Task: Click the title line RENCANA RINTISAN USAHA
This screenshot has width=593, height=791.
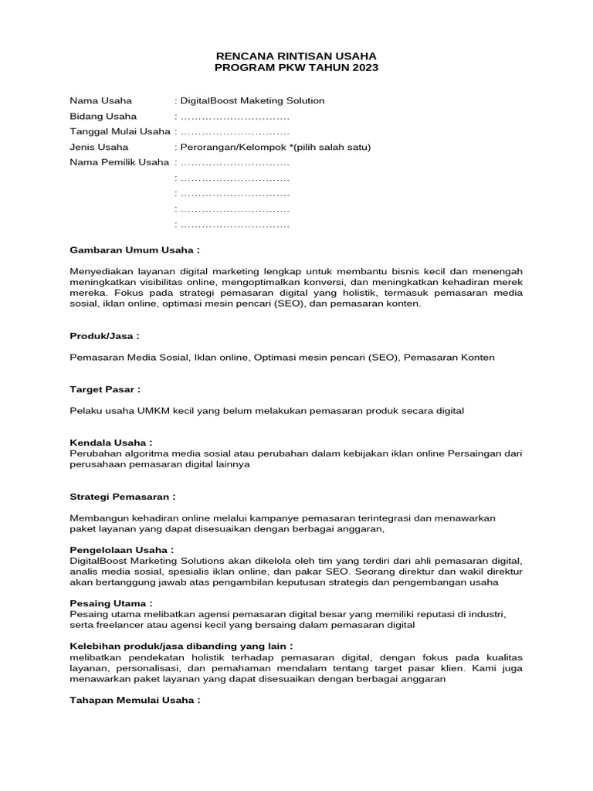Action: [x=296, y=56]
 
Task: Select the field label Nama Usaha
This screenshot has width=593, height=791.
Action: [x=100, y=100]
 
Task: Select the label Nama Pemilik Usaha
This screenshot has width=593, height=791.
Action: [x=119, y=162]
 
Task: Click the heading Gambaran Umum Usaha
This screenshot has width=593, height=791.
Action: [x=134, y=251]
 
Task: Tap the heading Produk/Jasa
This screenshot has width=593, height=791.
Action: [x=104, y=337]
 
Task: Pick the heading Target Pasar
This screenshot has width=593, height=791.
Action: [x=105, y=390]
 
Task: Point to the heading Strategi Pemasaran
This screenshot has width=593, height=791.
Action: [x=123, y=496]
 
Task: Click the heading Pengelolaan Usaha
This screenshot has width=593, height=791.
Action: [x=121, y=549]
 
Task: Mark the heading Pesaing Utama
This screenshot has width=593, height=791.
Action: [x=110, y=603]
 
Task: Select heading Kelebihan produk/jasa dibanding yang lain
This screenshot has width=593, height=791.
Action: [x=181, y=645]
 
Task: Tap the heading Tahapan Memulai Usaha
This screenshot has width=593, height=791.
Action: [x=134, y=700]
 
